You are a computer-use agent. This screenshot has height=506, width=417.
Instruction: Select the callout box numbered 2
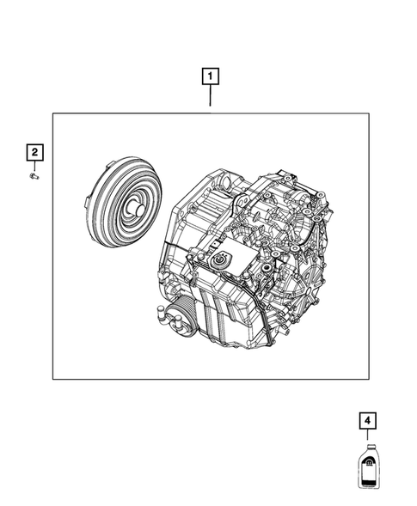point(34,153)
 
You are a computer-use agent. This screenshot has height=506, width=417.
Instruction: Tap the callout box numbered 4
point(367,421)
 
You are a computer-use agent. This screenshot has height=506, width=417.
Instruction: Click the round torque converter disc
point(126,205)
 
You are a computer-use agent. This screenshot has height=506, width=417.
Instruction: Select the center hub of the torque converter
point(135,207)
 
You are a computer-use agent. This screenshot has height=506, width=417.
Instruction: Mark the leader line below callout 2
point(34,167)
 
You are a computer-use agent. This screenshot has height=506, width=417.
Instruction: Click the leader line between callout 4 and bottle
point(367,436)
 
